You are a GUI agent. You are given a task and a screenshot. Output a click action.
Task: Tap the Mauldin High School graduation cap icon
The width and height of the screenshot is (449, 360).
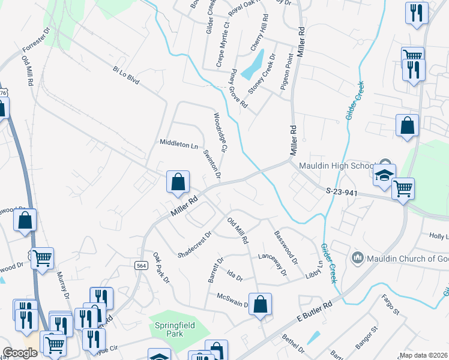coord(384,174)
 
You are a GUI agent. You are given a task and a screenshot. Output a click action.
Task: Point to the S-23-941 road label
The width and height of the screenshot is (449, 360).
coord(343,192)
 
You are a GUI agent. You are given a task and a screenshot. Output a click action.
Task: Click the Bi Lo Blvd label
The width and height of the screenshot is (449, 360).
coord(125,76)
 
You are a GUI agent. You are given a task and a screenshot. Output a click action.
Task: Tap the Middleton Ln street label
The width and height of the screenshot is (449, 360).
coord(178,144)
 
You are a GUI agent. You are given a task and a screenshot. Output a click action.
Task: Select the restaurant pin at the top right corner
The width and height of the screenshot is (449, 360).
coord(416,13)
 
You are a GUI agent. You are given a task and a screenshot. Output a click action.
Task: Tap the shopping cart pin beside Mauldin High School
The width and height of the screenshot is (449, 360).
coord(403,188)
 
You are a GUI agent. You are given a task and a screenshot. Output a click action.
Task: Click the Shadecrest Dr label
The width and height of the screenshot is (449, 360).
coord(195,245)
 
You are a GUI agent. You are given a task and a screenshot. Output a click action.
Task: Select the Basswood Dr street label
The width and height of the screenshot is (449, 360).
coord(286,248)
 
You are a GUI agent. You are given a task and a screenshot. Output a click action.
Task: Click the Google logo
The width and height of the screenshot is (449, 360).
coord(20,353)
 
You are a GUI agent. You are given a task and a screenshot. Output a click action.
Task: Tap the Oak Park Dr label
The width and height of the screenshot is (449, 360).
coord(161,268)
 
